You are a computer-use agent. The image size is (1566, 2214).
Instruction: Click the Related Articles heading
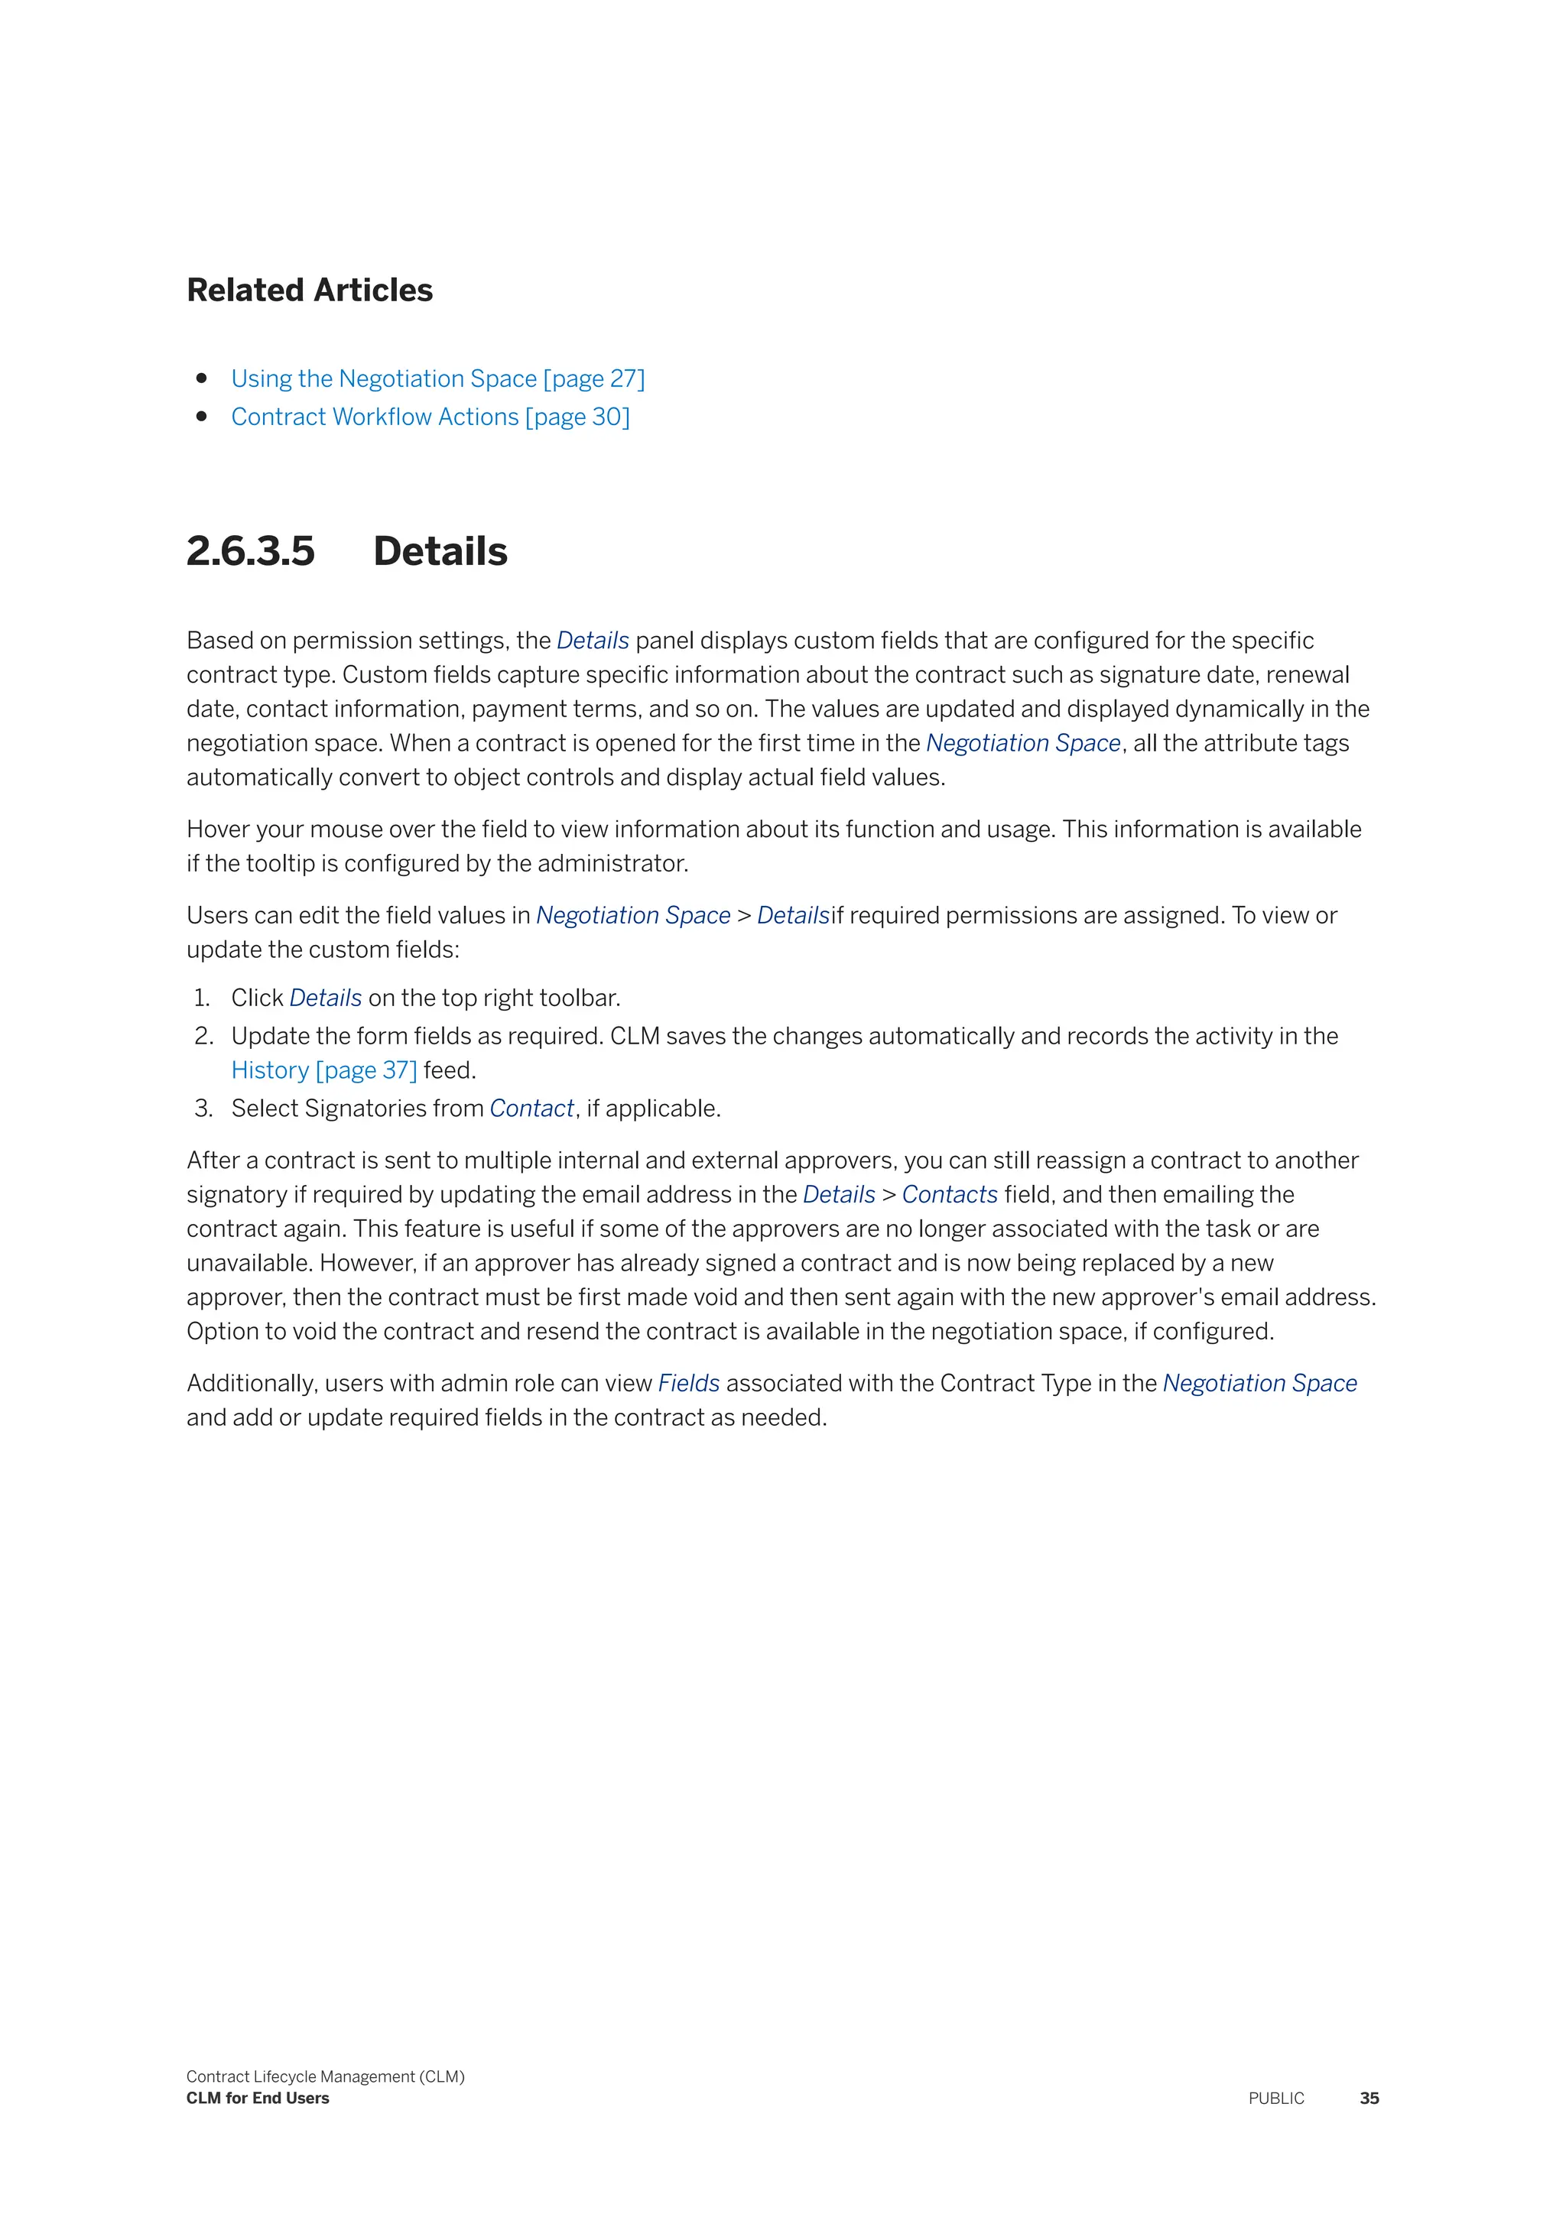tap(310, 291)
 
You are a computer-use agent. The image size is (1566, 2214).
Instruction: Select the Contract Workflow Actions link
tap(429, 417)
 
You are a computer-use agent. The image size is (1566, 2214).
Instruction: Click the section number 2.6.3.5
tap(251, 551)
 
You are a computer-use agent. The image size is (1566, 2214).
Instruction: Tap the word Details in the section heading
tap(440, 551)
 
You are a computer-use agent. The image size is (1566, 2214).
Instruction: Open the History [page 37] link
tap(324, 1070)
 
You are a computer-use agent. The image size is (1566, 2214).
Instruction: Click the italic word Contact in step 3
tap(531, 1109)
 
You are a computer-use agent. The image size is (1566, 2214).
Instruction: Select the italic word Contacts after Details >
tap(949, 1195)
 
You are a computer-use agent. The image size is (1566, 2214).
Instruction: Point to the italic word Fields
tap(688, 1384)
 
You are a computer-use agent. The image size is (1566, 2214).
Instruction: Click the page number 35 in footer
tap(1368, 2099)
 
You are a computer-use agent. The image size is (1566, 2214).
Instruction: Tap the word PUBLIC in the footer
tap(1275, 2099)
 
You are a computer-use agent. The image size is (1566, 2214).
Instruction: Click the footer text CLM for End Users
tap(258, 2099)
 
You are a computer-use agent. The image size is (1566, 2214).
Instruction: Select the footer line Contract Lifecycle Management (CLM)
tap(325, 2076)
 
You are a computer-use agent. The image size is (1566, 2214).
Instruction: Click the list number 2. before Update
tap(203, 1037)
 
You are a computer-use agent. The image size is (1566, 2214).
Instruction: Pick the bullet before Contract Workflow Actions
tap(202, 417)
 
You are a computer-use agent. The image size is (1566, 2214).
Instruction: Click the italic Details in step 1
tap(325, 998)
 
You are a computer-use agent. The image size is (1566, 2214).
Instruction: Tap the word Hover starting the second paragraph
tap(218, 829)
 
